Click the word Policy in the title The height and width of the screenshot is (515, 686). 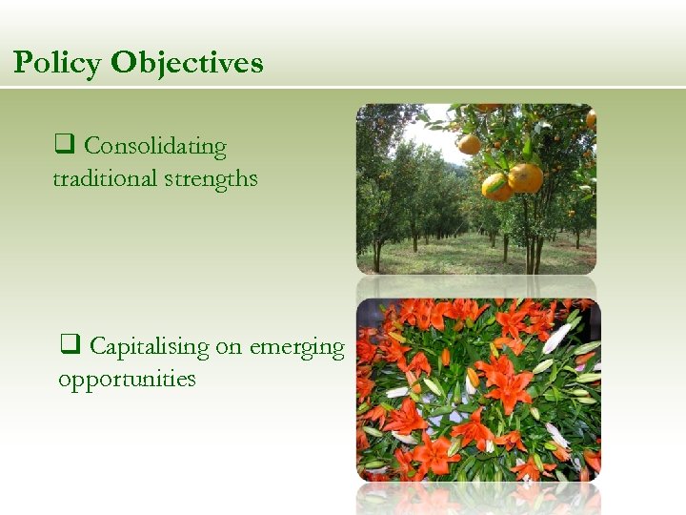tap(58, 63)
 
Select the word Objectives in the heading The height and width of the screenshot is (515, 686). tap(187, 63)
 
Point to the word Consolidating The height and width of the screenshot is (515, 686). tap(154, 147)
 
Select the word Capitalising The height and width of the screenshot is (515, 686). tap(149, 347)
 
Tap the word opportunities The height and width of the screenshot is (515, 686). tap(127, 379)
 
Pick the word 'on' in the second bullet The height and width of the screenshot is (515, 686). tap(229, 348)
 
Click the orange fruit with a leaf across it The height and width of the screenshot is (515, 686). tap(496, 185)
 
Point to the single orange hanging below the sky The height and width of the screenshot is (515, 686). tap(469, 144)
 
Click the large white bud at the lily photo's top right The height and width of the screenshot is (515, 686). tap(557, 337)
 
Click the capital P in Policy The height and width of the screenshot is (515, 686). tap(23, 63)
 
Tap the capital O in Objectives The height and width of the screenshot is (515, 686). tap(123, 63)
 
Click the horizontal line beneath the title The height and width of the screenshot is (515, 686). tap(343, 89)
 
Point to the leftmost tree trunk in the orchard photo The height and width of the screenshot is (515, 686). tap(378, 255)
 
